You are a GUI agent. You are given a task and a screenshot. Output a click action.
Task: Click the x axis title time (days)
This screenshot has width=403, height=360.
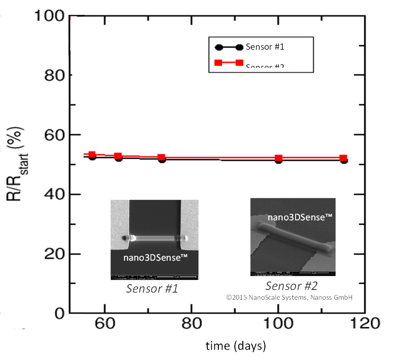235,345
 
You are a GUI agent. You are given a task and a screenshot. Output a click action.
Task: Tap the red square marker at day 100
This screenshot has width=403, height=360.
279,158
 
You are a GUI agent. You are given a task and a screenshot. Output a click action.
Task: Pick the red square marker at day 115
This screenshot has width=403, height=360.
343,158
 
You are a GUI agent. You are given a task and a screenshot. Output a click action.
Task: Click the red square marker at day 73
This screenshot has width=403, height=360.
162,157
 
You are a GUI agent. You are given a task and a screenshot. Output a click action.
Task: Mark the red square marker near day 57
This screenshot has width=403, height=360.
92,155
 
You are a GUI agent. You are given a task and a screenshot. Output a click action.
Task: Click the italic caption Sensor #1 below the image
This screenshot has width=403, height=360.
152,289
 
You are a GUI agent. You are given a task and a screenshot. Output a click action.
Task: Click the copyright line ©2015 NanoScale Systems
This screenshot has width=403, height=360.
289,297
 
